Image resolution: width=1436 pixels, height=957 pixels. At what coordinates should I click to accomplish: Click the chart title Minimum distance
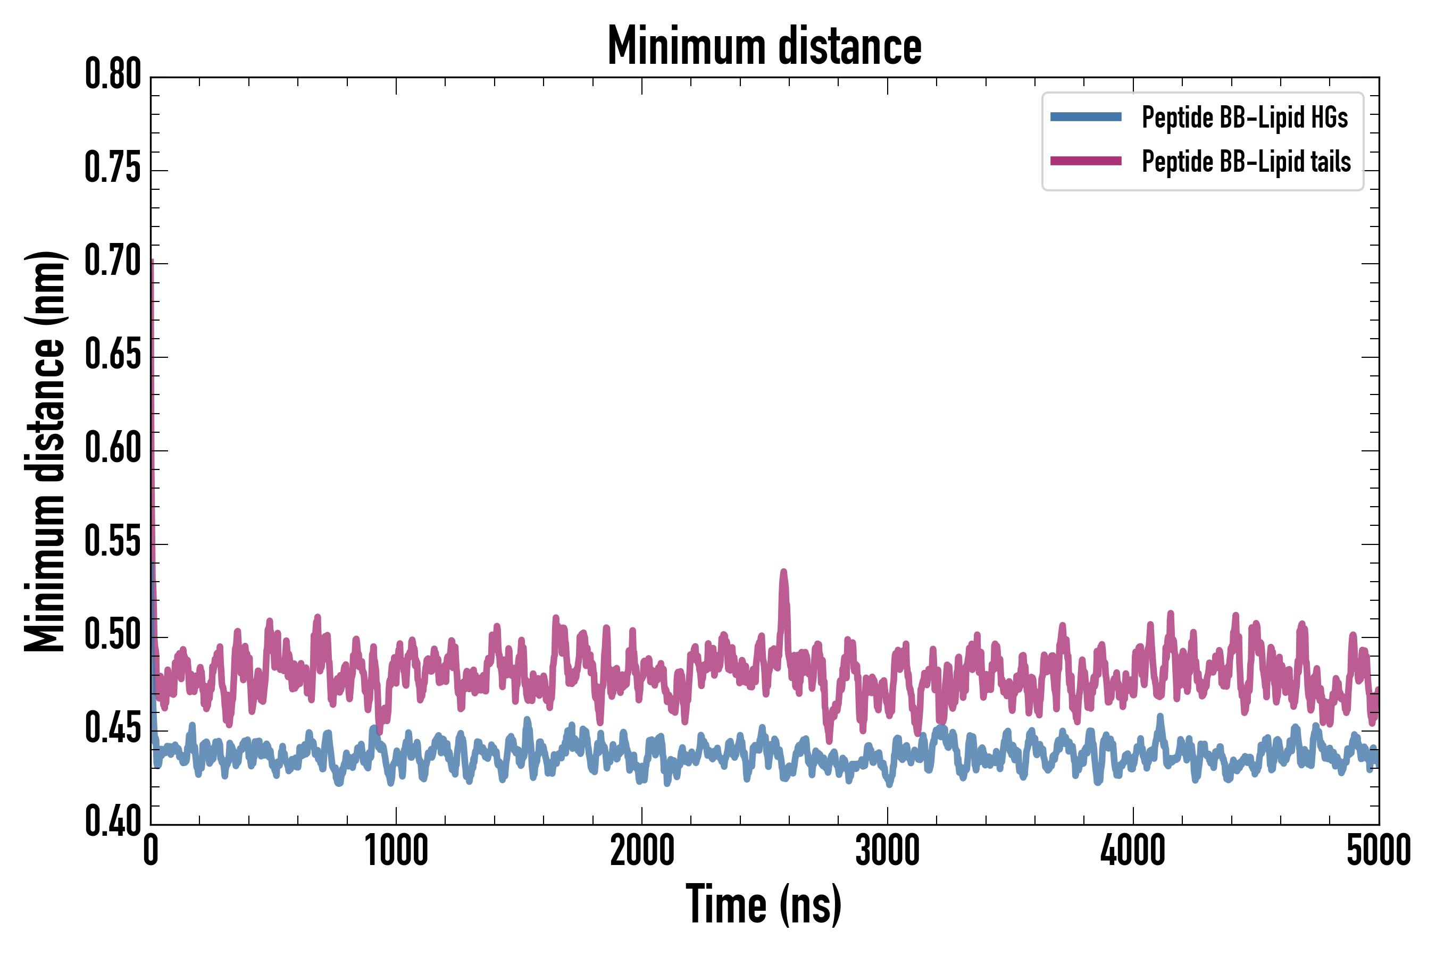tap(764, 46)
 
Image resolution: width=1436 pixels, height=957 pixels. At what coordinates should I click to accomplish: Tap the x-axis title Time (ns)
tap(764, 904)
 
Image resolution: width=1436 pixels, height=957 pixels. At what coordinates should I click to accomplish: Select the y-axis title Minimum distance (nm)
tap(45, 451)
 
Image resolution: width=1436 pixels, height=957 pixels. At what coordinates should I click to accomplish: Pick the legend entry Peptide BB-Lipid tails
tap(1246, 162)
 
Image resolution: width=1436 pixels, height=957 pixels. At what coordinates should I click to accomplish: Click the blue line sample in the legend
tap(1086, 117)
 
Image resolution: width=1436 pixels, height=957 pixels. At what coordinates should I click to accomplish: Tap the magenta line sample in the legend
tap(1086, 161)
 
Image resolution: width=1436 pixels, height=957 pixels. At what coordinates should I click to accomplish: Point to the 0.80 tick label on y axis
tap(113, 74)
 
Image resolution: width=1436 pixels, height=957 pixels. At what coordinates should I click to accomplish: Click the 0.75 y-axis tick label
tap(113, 167)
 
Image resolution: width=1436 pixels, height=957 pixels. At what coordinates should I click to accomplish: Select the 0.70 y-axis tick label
tap(113, 261)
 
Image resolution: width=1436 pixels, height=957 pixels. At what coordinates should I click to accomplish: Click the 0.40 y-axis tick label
tap(113, 821)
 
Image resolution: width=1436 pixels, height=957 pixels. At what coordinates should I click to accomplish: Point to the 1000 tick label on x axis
tap(396, 850)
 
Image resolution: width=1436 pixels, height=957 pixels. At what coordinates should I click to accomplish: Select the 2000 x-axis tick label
tap(642, 850)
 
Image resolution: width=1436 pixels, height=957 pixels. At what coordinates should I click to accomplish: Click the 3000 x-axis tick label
tap(887, 850)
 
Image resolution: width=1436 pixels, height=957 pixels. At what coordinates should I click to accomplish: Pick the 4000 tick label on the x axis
tap(1132, 850)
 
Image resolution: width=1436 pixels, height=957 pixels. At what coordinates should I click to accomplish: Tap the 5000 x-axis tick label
tap(1378, 850)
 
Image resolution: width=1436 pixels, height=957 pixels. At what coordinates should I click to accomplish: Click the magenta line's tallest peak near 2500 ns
tap(783, 573)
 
